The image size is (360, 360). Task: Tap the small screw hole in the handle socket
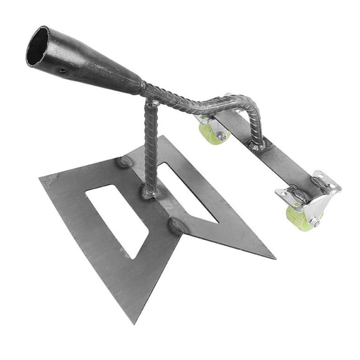(62, 71)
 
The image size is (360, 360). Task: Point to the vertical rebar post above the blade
(151, 144)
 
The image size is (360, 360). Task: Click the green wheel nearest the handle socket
(211, 132)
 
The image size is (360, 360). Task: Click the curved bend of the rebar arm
(250, 106)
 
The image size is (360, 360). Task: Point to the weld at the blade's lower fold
(176, 225)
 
